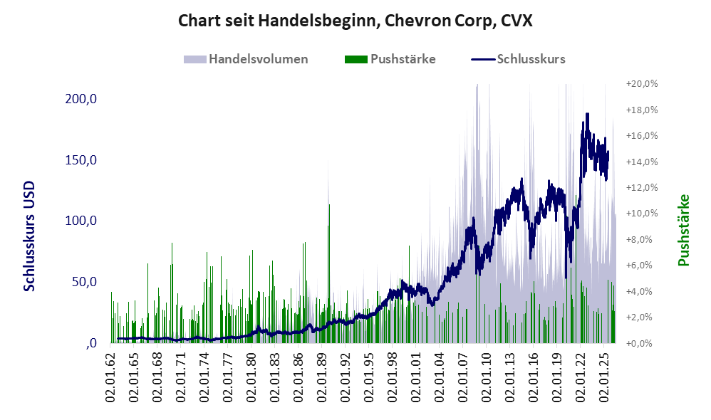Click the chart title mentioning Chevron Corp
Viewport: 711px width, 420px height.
coord(355,21)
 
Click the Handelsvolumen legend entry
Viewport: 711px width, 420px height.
coord(246,59)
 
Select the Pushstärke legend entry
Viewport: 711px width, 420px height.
coord(390,59)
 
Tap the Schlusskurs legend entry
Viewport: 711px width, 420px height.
coord(518,59)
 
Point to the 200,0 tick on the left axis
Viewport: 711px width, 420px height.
coord(81,99)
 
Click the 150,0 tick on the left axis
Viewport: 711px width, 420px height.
coord(81,160)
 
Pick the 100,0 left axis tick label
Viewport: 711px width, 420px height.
coord(81,221)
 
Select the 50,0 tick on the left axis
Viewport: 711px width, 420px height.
coord(84,282)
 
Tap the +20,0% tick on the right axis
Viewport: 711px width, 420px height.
coord(642,84)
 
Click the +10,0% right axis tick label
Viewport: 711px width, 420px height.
coord(642,214)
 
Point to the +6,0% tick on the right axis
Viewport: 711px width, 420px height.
coord(644,266)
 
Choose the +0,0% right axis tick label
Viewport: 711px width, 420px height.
coord(644,343)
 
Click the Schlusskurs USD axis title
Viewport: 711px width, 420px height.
coord(29,236)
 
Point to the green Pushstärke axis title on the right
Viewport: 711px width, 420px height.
coord(683,230)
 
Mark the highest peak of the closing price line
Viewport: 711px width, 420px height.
coord(587,114)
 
